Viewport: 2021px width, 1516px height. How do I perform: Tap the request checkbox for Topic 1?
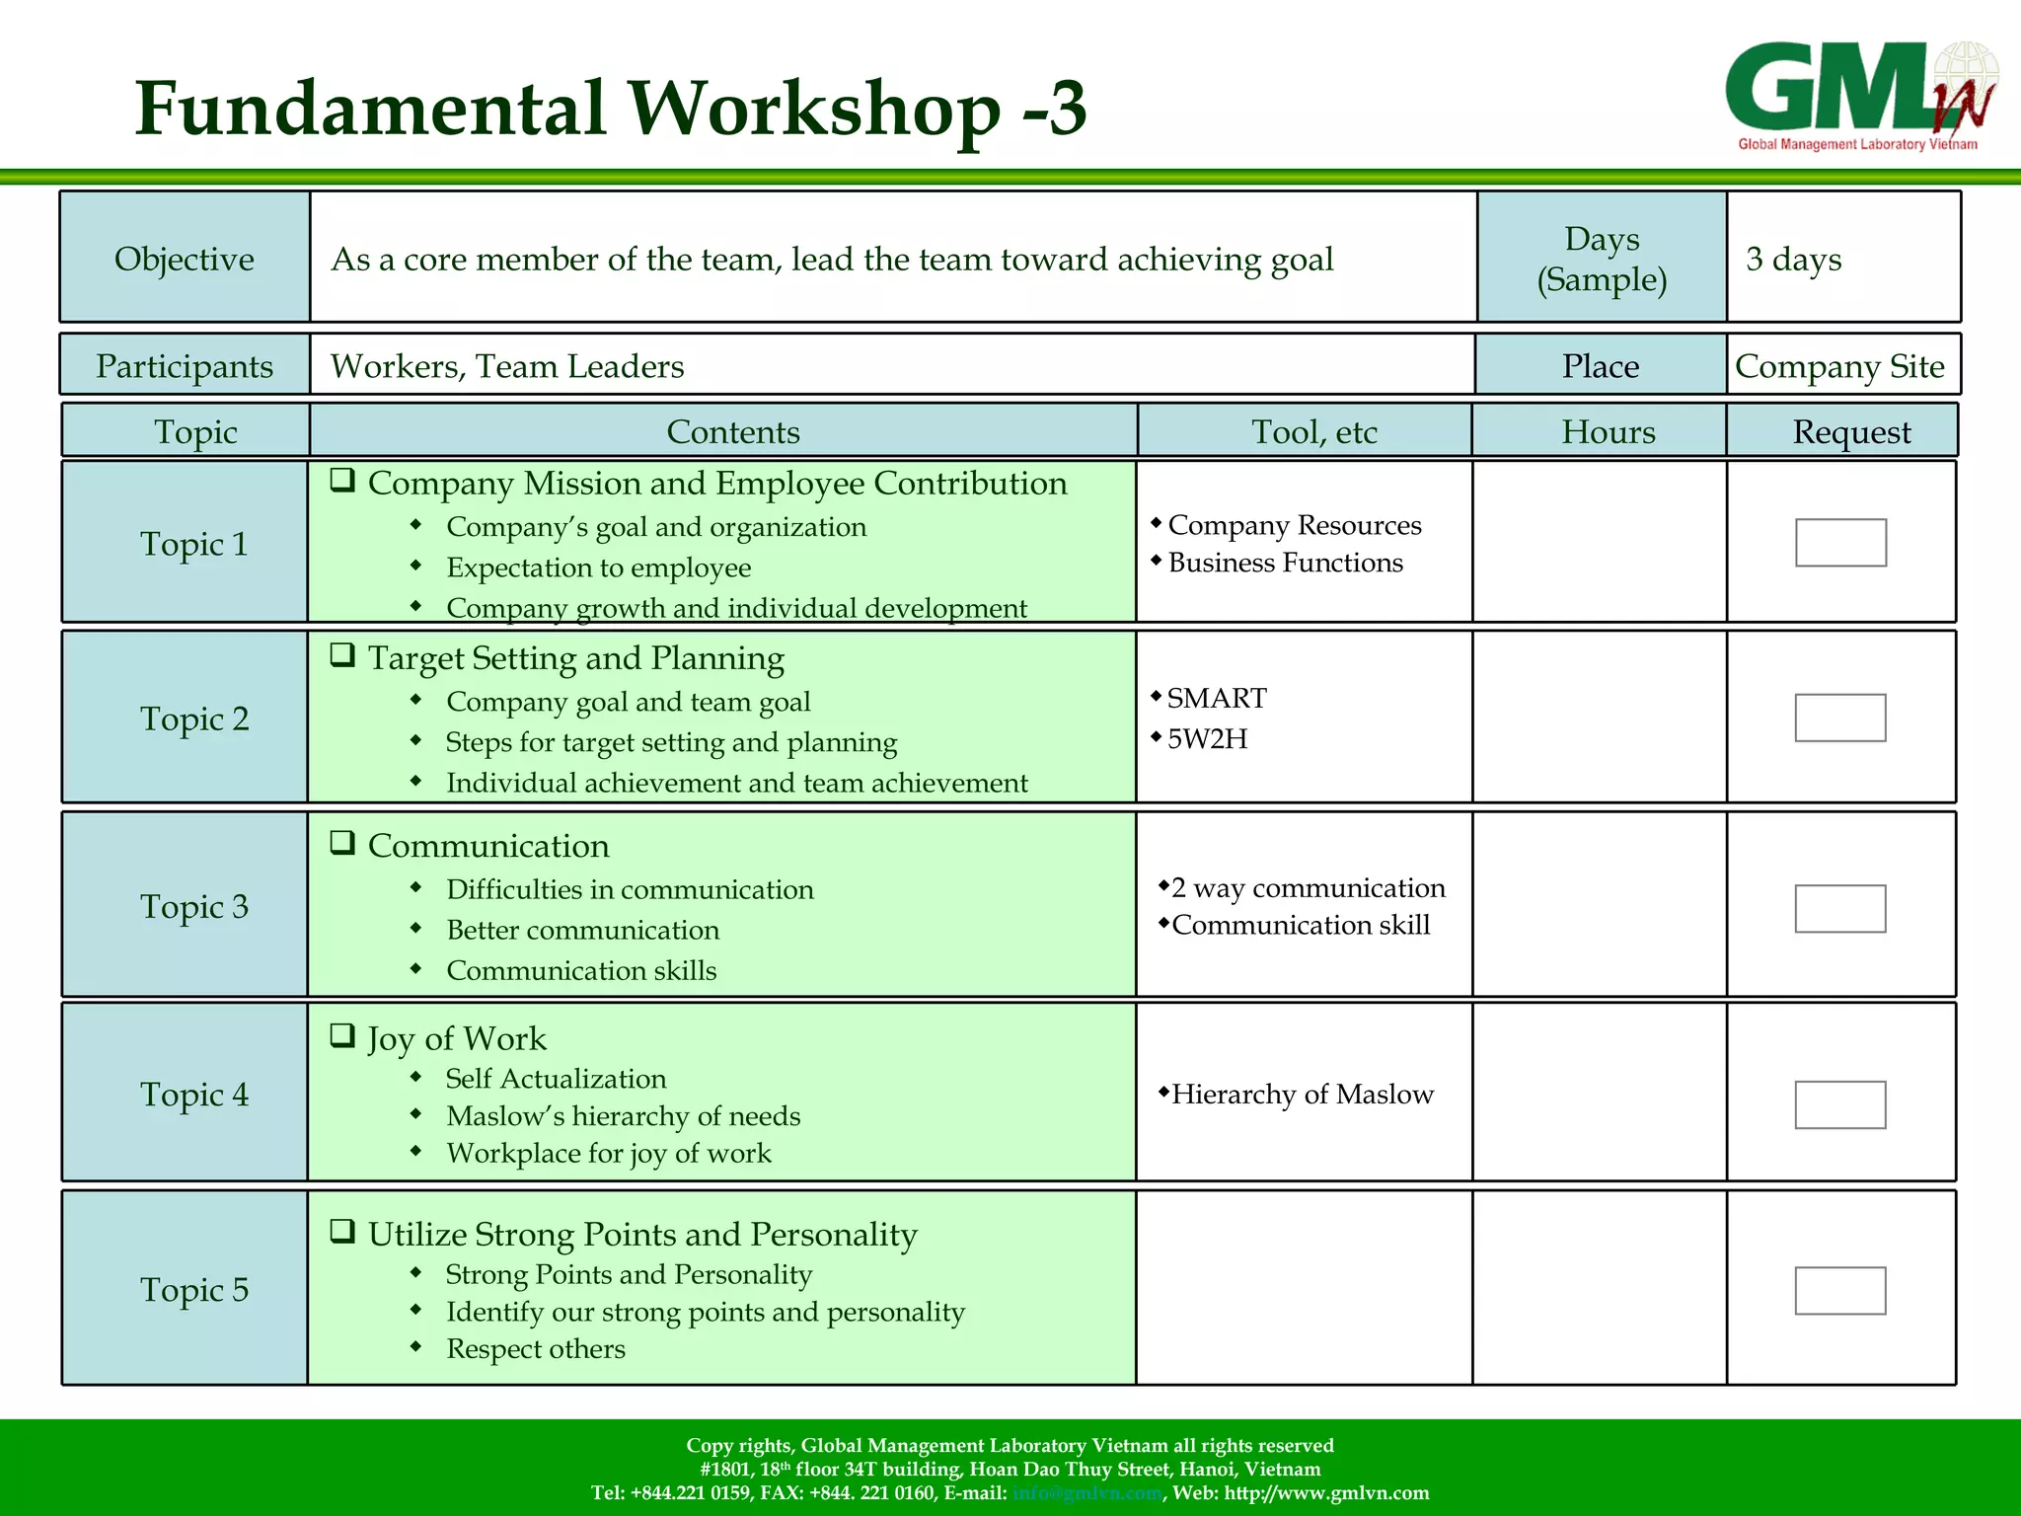(x=1840, y=543)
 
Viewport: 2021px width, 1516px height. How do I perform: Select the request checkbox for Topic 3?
(x=1839, y=908)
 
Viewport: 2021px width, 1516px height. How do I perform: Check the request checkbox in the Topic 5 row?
(x=1839, y=1291)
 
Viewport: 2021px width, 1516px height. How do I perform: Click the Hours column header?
(x=1608, y=432)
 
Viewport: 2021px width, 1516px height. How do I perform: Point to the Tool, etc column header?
(x=1313, y=432)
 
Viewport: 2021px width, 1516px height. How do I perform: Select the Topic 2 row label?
(x=194, y=719)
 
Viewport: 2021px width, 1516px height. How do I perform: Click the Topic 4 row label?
(x=194, y=1094)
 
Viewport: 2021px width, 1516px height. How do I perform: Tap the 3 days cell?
(x=1793, y=259)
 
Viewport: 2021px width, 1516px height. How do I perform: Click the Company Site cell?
(x=1839, y=366)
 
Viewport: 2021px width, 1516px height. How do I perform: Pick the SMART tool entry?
(x=1216, y=699)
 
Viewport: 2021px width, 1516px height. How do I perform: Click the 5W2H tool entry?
(x=1207, y=738)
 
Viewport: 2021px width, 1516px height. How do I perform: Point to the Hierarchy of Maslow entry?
(x=1302, y=1094)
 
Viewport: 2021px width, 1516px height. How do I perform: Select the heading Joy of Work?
(x=456, y=1038)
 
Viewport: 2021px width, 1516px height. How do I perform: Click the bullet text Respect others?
(x=536, y=1349)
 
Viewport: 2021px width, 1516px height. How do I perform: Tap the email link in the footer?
(x=1086, y=1492)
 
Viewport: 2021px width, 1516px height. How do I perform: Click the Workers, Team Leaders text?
(x=507, y=366)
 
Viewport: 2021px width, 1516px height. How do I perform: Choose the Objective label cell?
(x=185, y=259)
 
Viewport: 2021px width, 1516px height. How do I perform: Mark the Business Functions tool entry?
(x=1285, y=563)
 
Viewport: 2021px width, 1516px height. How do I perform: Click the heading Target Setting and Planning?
(x=575, y=658)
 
